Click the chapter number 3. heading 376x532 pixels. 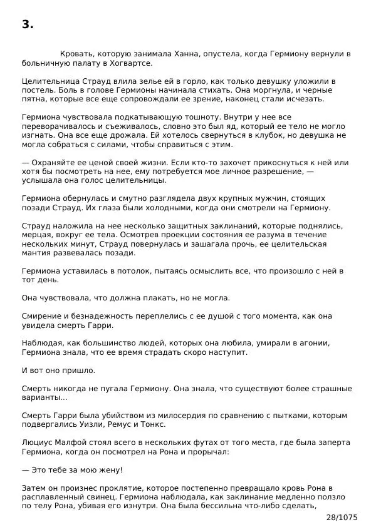tap(27, 25)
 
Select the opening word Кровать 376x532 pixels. tap(78, 54)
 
